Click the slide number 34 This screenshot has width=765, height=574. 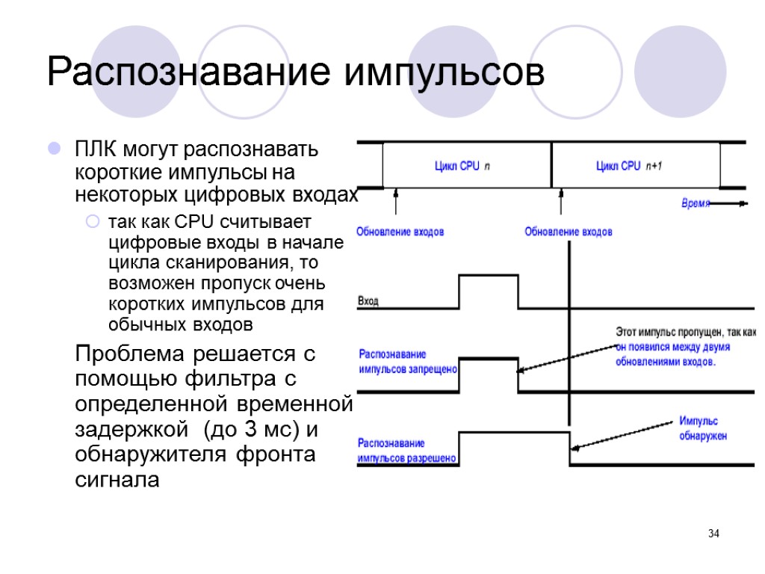tap(713, 534)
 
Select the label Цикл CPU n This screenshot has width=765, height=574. tap(462, 166)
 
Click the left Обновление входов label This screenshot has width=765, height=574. tap(400, 232)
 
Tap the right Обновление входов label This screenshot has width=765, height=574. tap(569, 232)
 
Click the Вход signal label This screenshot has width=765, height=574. tap(368, 301)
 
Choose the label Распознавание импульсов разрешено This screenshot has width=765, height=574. tap(407, 451)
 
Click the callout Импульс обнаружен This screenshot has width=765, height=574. tap(702, 428)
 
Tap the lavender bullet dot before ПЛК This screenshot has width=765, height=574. tap(55, 149)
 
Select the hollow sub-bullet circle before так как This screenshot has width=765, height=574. tap(93, 223)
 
